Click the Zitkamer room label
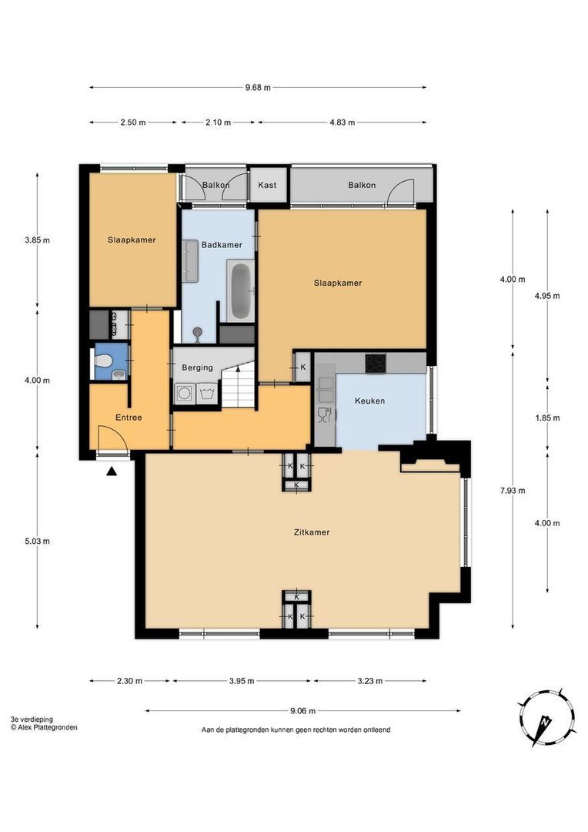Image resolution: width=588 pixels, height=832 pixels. pyautogui.click(x=312, y=532)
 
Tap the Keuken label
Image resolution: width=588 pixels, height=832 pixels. pyautogui.click(x=369, y=401)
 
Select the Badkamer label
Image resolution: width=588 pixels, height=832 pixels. pyautogui.click(x=222, y=245)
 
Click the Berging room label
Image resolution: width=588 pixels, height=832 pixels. pyautogui.click(x=197, y=367)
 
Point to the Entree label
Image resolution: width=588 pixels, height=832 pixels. pyautogui.click(x=129, y=418)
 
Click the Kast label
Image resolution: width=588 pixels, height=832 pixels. pyautogui.click(x=267, y=185)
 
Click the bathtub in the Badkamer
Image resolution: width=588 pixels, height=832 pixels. pyautogui.click(x=241, y=290)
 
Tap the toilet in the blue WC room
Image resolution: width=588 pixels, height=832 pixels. pyautogui.click(x=103, y=361)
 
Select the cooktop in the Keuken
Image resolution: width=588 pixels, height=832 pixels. pyautogui.click(x=376, y=363)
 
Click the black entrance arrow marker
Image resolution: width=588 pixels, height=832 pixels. pyautogui.click(x=112, y=471)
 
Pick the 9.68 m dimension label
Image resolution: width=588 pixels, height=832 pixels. pyautogui.click(x=258, y=88)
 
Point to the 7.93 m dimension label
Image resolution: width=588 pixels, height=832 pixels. pyautogui.click(x=513, y=490)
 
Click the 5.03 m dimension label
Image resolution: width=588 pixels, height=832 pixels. pyautogui.click(x=37, y=542)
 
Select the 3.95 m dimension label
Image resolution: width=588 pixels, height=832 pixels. pyautogui.click(x=242, y=681)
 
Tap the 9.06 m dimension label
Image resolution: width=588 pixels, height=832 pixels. pyautogui.click(x=302, y=711)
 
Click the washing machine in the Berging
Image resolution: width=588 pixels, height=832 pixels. pyautogui.click(x=185, y=394)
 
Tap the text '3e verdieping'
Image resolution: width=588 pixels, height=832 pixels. pyautogui.click(x=32, y=720)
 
